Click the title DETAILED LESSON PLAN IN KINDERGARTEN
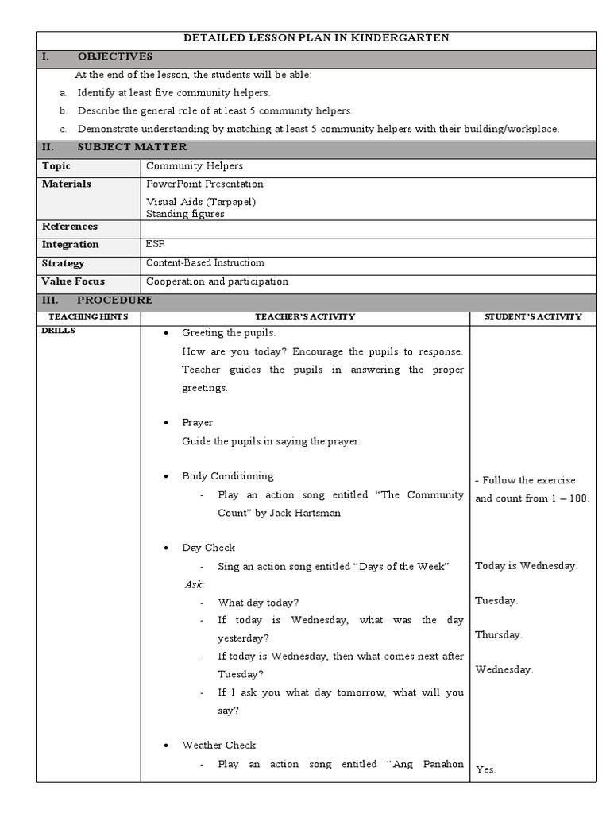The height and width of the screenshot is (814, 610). (x=316, y=37)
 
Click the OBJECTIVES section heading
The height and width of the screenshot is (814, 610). (x=115, y=56)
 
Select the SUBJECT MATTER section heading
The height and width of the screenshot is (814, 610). (x=132, y=147)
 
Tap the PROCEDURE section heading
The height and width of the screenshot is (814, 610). (x=114, y=300)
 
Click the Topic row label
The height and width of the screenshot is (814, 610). (x=56, y=166)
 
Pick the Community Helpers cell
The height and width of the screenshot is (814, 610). (x=195, y=166)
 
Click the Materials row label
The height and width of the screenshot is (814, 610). (x=67, y=184)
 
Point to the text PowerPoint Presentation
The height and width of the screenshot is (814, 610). (x=205, y=184)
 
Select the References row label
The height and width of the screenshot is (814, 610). (x=70, y=227)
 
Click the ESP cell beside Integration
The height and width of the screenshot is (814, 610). (x=156, y=245)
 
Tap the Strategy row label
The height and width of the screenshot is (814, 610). (x=64, y=263)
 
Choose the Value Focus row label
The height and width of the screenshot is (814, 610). (x=73, y=281)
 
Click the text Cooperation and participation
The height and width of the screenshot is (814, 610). (x=217, y=281)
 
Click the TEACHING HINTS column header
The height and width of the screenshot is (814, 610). (x=88, y=317)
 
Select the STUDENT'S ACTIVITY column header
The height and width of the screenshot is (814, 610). (x=533, y=317)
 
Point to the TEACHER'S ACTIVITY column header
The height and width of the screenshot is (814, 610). (x=305, y=317)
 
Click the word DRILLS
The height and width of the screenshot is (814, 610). (x=58, y=331)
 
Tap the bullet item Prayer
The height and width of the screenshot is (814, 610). (x=197, y=423)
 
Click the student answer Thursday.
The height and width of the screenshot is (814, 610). (x=498, y=635)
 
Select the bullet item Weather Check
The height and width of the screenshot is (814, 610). (x=218, y=746)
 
